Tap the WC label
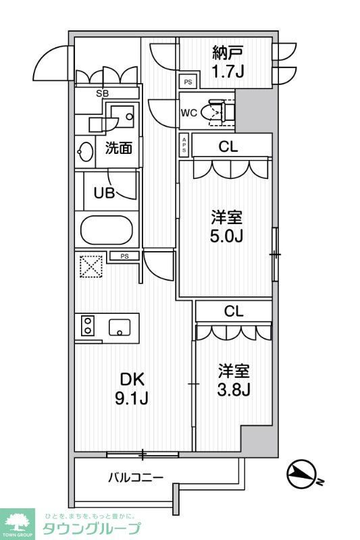tap(188, 113)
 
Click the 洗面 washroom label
tap(118, 148)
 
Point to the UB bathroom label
tap(103, 192)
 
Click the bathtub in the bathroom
tap(106, 230)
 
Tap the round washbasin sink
tap(86, 151)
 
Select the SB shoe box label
tap(103, 93)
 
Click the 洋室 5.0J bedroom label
tap(227, 227)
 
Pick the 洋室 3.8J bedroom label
tap(234, 380)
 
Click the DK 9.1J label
tap(132, 388)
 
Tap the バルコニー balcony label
tap(136, 478)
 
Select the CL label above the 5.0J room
tap(228, 147)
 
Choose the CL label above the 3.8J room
tap(234, 311)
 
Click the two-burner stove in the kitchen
tap(87, 327)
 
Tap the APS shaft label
tap(184, 144)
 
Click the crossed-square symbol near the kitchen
tap(89, 266)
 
